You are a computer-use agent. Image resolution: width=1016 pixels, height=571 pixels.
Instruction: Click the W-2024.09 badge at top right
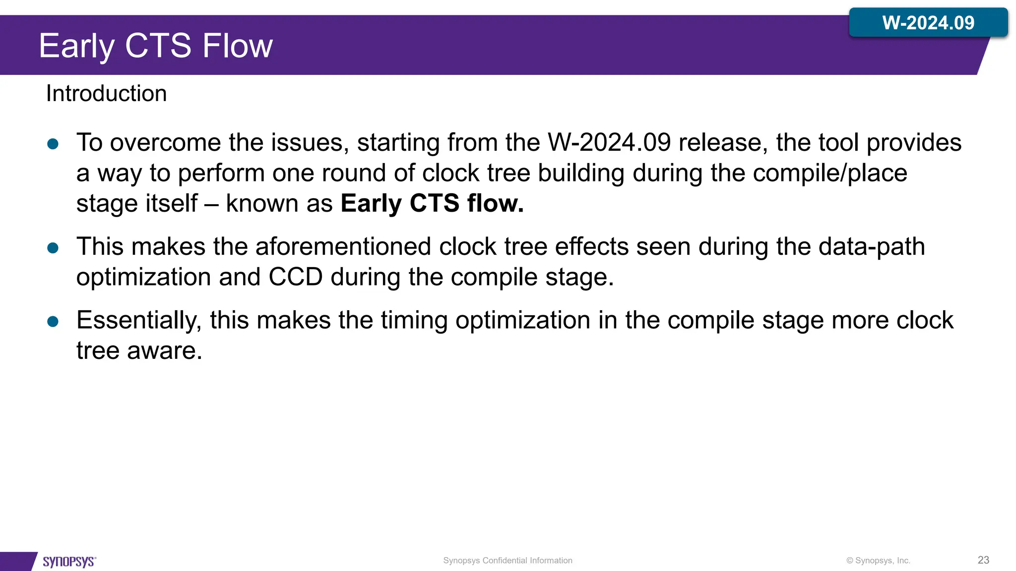coord(928,23)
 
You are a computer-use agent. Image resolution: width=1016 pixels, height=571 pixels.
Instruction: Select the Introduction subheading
coord(106,94)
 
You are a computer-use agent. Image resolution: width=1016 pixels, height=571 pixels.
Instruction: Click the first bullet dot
coord(53,144)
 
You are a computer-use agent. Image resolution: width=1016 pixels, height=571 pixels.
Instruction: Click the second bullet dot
coord(53,248)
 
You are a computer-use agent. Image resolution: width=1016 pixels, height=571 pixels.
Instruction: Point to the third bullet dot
coord(53,322)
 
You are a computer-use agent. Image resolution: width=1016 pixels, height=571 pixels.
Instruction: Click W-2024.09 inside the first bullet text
coord(609,143)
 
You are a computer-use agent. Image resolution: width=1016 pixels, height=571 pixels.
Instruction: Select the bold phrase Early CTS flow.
coord(432,204)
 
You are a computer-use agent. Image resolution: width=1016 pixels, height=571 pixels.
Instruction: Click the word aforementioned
coord(343,247)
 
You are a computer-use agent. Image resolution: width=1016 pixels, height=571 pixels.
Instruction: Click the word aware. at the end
coord(165,351)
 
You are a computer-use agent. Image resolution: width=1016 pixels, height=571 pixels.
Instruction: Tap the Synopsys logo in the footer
coord(69,561)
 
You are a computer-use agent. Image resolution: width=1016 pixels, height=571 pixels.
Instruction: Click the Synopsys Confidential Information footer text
coord(508,561)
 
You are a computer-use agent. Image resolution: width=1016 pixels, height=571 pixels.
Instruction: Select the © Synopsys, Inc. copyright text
coord(878,561)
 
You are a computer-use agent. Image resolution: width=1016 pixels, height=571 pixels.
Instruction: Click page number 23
coord(983,560)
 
